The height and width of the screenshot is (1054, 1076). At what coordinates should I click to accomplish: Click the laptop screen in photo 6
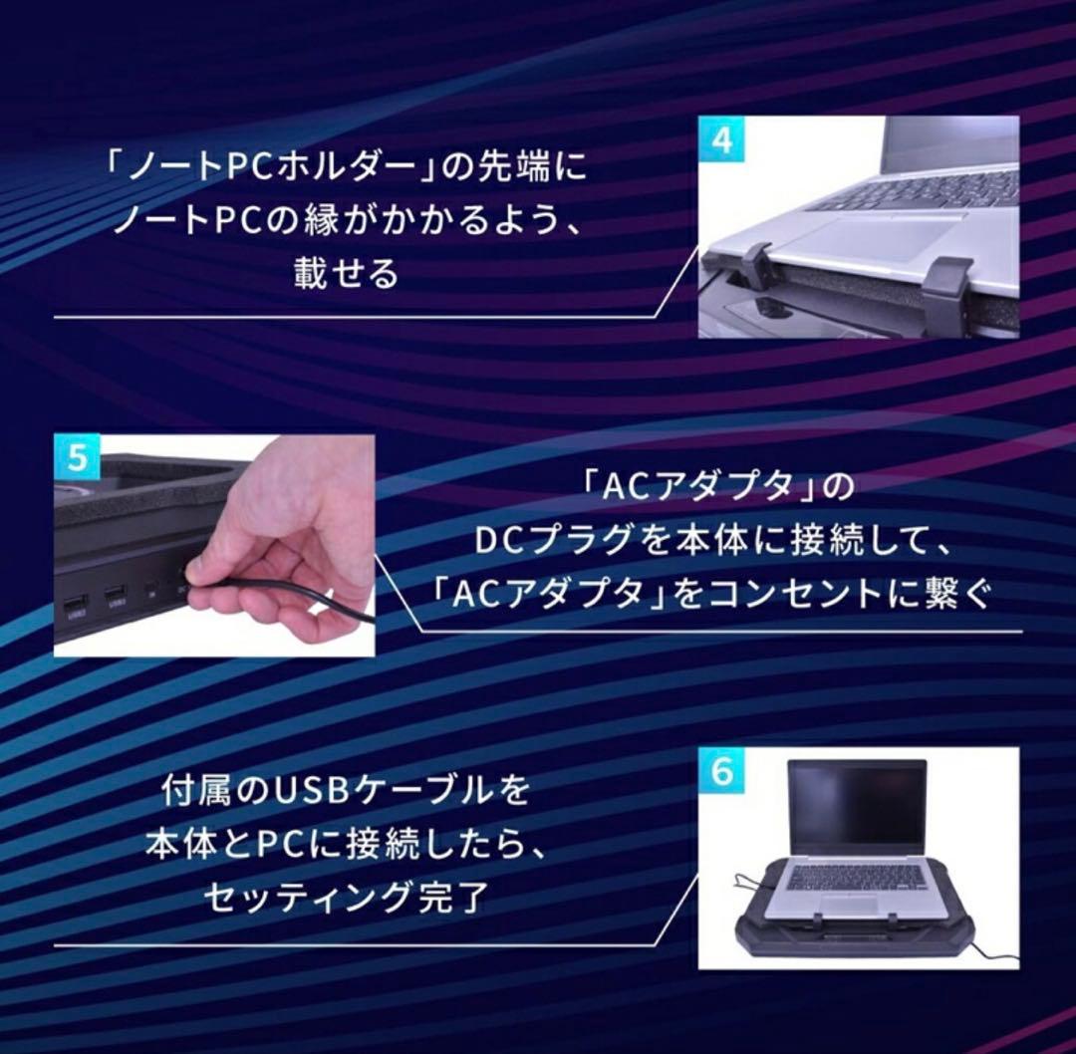click(x=857, y=807)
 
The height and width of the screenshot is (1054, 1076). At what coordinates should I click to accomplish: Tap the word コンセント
click(x=796, y=596)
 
